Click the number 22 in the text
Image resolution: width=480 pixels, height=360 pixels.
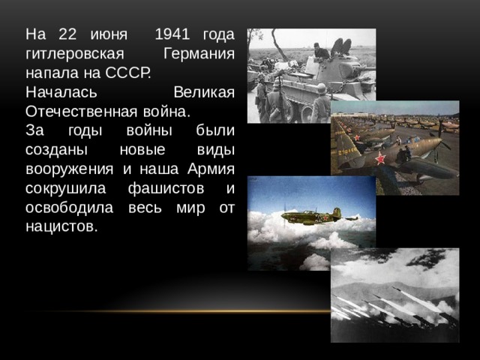point(67,34)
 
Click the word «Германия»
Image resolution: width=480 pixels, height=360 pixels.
point(198,54)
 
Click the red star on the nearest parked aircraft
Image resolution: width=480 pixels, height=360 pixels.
point(379,158)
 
